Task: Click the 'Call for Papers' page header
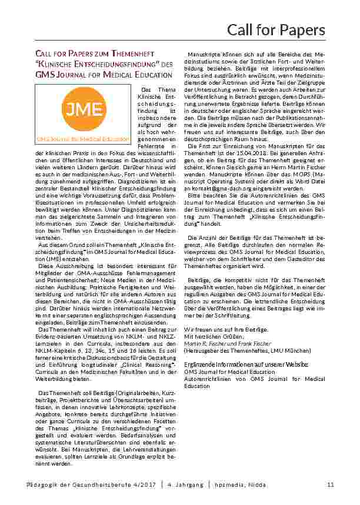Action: click(276, 29)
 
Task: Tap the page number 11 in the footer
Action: click(331, 484)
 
